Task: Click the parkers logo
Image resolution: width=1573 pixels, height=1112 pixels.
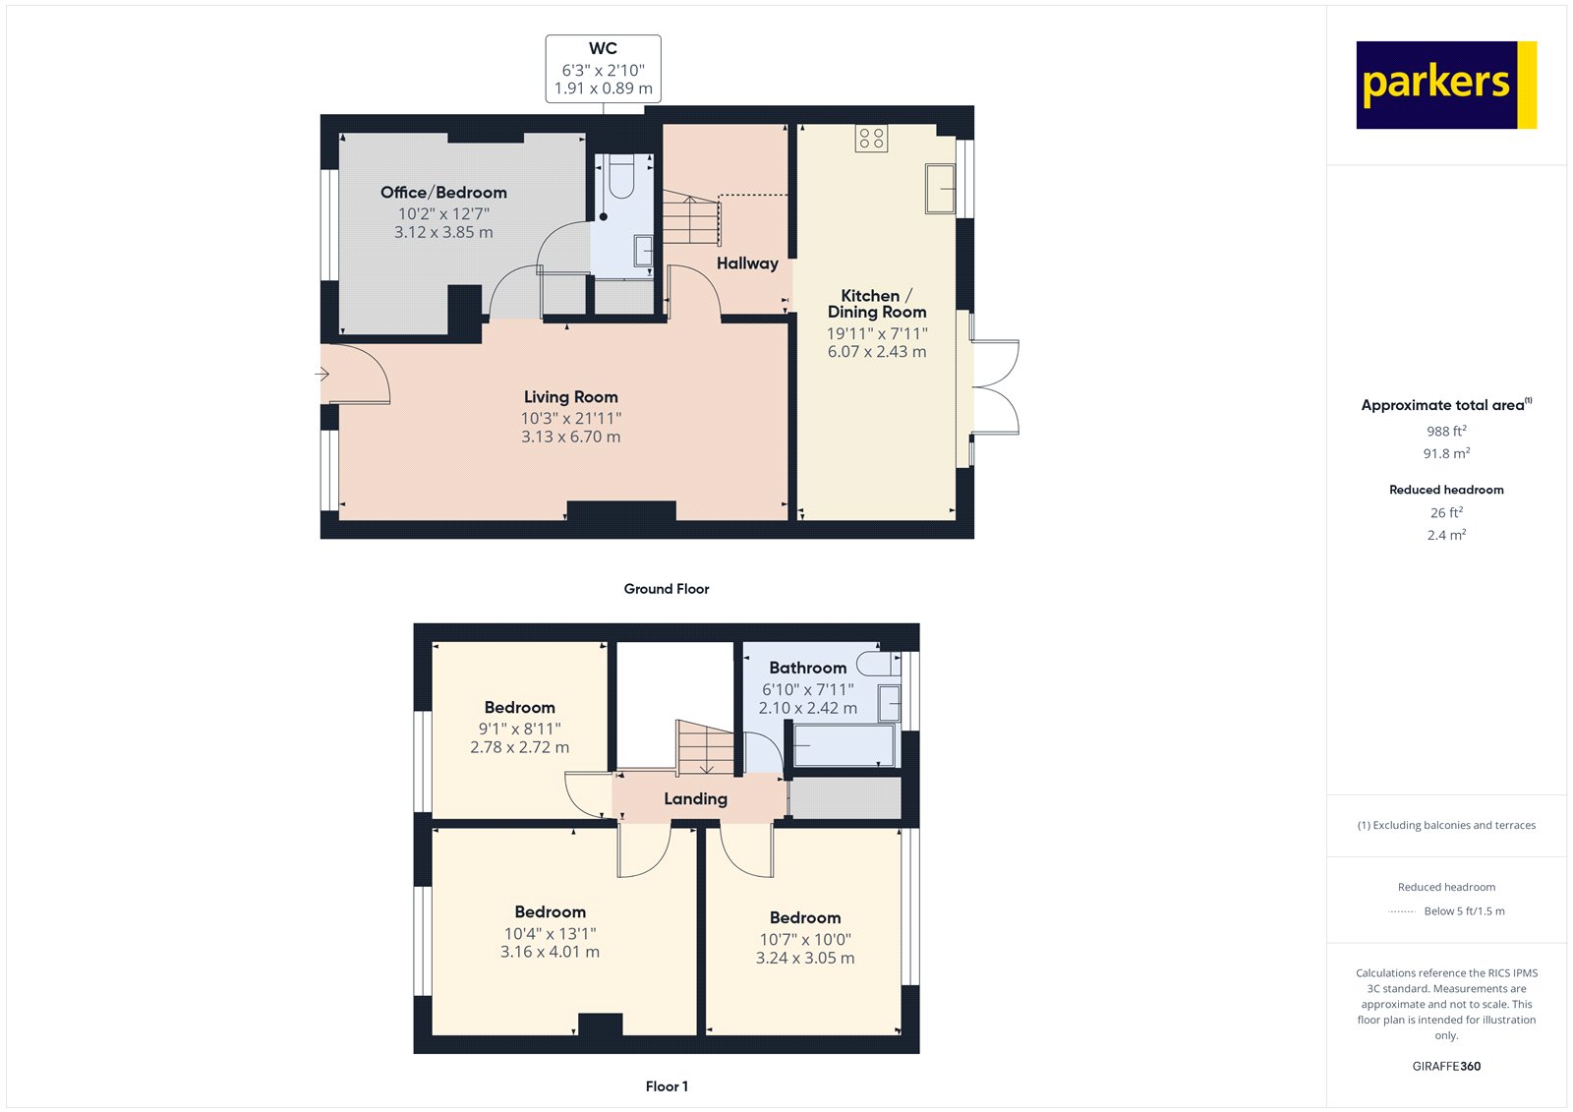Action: tap(1445, 85)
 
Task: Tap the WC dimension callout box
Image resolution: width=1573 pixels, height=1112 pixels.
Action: tap(603, 69)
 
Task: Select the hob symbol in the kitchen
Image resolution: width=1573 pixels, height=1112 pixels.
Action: tap(871, 138)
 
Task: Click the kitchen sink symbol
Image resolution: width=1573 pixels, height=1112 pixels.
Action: tap(940, 189)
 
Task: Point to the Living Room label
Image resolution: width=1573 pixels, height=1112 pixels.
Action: tap(570, 397)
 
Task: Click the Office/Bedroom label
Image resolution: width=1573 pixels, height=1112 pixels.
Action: tap(443, 193)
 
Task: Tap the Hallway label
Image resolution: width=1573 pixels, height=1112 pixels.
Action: tap(747, 263)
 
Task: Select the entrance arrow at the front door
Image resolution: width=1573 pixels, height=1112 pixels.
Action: tap(321, 374)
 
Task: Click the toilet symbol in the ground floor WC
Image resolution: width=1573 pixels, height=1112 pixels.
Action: tap(621, 178)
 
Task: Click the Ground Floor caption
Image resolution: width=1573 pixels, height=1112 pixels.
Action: tap(666, 589)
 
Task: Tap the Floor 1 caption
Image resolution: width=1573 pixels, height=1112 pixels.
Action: tap(667, 1086)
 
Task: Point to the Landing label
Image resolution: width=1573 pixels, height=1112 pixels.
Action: tap(695, 799)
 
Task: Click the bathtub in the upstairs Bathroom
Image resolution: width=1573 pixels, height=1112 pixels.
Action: tap(845, 746)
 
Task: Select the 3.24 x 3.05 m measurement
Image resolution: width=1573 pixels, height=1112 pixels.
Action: tap(804, 959)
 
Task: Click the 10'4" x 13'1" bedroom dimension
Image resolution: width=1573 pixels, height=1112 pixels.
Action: tap(550, 934)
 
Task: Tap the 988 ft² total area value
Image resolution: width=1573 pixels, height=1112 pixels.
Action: tap(1445, 432)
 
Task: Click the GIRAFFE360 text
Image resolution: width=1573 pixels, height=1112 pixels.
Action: tap(1445, 1067)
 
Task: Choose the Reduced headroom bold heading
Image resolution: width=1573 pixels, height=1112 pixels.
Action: tap(1445, 490)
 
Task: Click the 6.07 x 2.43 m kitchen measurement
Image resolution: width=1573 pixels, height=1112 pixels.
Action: tap(876, 352)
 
